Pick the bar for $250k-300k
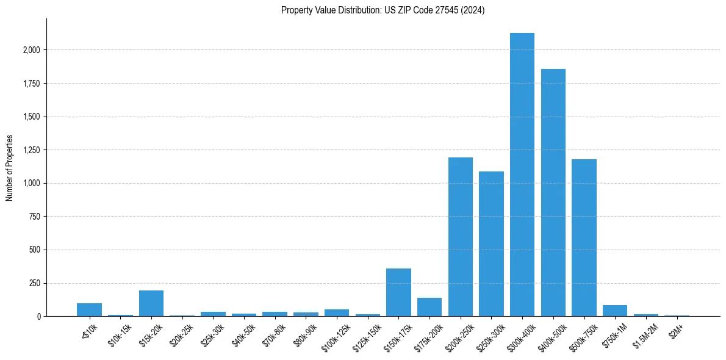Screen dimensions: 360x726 (x=491, y=244)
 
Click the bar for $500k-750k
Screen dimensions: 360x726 (x=584, y=238)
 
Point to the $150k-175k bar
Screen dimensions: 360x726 (x=398, y=292)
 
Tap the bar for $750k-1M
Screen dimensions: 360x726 (x=615, y=311)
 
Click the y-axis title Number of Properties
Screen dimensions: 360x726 (x=9, y=167)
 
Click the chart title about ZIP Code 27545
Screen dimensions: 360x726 (x=383, y=10)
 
